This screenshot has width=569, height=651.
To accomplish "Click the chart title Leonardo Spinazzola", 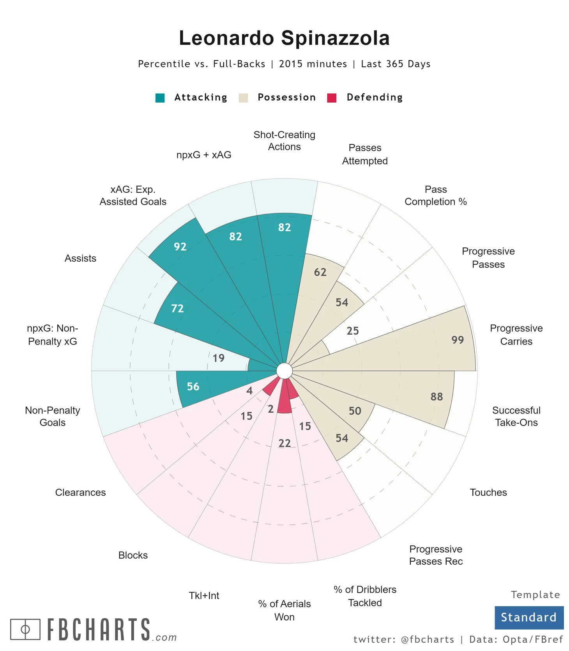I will click(284, 38).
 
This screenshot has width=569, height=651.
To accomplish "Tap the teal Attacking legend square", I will click(160, 98).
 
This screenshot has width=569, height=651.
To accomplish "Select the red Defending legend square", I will click(332, 98).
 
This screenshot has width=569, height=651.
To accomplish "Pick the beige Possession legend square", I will click(243, 98).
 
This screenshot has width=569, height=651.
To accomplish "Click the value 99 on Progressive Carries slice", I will click(458, 340).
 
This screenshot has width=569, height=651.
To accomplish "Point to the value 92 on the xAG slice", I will click(180, 247).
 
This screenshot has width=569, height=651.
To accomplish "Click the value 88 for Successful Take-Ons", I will click(436, 397).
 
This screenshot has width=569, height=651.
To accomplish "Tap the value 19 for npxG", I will click(219, 358).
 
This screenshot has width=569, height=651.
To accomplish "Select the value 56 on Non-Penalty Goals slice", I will click(193, 387).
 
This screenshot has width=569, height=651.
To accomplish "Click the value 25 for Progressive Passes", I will click(353, 331).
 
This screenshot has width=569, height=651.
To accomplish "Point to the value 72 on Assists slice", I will click(177, 309).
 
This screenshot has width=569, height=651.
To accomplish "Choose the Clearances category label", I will click(80, 492).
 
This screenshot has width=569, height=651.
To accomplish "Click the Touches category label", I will click(488, 492).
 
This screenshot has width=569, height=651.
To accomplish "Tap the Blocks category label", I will click(133, 555).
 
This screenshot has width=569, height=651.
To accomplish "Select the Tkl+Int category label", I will click(204, 596).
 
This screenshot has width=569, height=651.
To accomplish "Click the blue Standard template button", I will click(529, 617).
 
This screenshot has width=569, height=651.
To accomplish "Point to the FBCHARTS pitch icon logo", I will click(25, 629).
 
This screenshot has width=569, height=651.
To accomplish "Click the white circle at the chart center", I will click(284, 371).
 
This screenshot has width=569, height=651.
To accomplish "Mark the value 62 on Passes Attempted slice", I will click(320, 272).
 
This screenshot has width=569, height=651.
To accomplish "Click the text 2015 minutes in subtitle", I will click(313, 64).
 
